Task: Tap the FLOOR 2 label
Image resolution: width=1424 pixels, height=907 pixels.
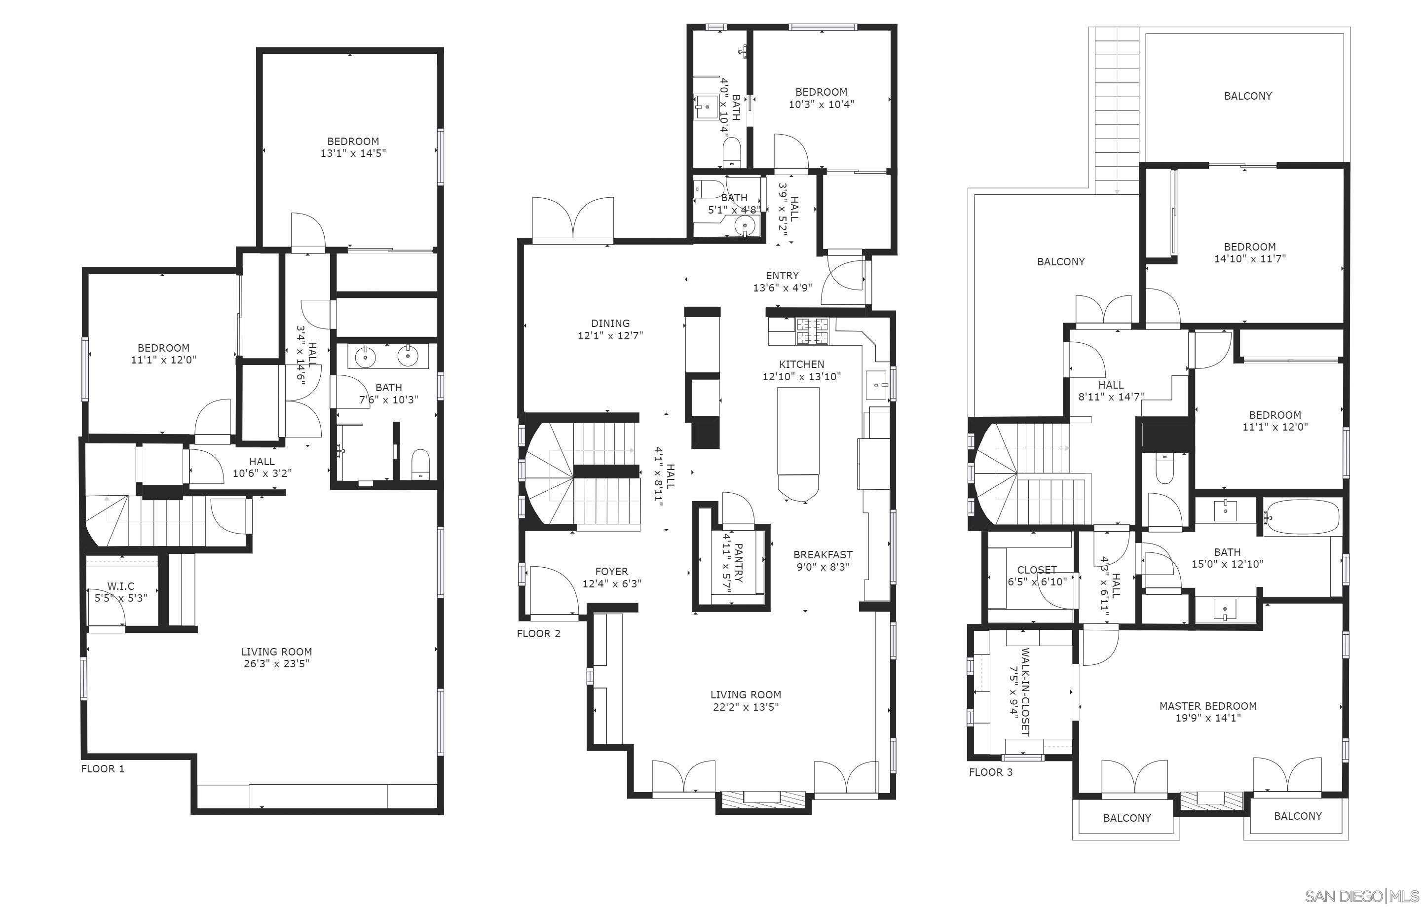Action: click(x=539, y=634)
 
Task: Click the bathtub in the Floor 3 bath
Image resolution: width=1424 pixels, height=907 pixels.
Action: click(x=1302, y=518)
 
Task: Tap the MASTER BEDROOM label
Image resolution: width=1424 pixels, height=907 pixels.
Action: click(x=1208, y=706)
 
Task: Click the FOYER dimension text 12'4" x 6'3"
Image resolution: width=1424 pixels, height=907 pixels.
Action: click(x=612, y=583)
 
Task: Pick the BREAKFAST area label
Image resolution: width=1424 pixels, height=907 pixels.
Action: click(x=823, y=554)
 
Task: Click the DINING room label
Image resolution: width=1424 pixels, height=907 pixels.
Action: click(x=610, y=324)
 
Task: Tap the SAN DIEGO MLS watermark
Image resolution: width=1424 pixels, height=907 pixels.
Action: click(x=1361, y=896)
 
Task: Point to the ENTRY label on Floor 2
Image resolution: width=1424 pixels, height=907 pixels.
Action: click(x=783, y=276)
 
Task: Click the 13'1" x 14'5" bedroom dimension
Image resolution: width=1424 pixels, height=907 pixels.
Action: click(x=353, y=153)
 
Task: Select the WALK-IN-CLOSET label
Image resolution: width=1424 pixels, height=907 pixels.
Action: click(x=1025, y=692)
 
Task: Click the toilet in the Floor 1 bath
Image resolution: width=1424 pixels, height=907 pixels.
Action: click(x=420, y=464)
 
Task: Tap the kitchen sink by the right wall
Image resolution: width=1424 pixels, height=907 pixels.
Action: click(x=877, y=386)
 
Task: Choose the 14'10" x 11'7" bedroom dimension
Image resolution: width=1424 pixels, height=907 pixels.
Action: click(x=1249, y=258)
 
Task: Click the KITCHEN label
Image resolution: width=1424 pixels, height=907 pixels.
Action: click(x=802, y=364)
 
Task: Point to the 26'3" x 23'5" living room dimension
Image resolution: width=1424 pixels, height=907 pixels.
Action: click(x=277, y=663)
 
